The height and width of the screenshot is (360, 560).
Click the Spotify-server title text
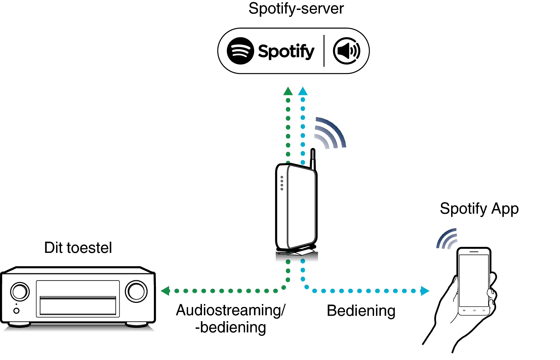[x=296, y=9]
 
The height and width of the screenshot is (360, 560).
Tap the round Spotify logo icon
[x=240, y=51]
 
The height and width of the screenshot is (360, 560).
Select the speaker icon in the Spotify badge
[x=347, y=51]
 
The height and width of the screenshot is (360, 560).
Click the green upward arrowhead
[x=288, y=91]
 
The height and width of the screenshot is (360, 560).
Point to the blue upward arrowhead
[x=303, y=91]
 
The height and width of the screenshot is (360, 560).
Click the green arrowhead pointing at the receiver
[x=165, y=291]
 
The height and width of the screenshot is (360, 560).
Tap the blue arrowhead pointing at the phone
[x=425, y=291]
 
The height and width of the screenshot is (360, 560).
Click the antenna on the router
[x=313, y=159]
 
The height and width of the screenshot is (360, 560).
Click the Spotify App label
[x=479, y=209]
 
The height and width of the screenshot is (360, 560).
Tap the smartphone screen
[x=474, y=280]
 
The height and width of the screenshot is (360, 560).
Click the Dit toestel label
[x=78, y=248]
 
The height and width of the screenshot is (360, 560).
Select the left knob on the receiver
[x=20, y=292]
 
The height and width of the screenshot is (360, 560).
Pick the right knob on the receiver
[x=136, y=291]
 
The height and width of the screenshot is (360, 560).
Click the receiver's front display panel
[x=78, y=299]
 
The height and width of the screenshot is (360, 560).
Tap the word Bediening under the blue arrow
[x=361, y=311]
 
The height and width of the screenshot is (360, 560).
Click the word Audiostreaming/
[x=231, y=310]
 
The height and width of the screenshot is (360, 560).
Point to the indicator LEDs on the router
[x=282, y=183]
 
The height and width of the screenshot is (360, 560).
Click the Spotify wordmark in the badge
[x=286, y=51]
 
